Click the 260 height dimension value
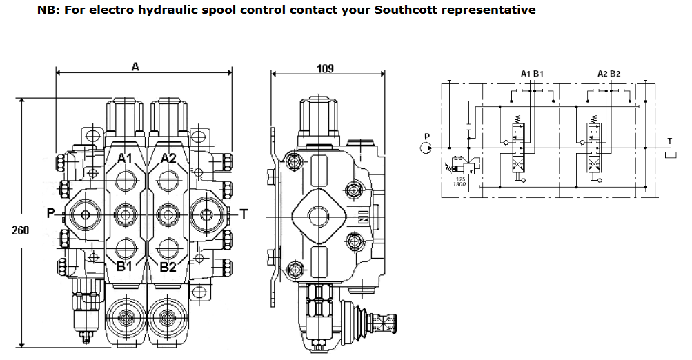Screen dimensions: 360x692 tap(20, 230)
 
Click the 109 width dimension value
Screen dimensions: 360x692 tap(325, 68)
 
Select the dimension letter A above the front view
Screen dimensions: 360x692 tap(135, 67)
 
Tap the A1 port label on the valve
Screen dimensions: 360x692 tap(125, 159)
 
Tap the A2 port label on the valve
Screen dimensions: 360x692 tap(169, 159)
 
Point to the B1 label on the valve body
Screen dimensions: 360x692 tap(125, 267)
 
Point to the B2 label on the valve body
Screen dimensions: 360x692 tap(168, 267)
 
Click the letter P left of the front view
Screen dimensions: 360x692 tap(50, 214)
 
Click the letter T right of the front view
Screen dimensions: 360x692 tap(243, 214)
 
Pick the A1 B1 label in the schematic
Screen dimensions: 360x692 tap(532, 73)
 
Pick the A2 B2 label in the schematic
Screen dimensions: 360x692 tap(609, 73)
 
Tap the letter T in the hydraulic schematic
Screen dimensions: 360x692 tap(669, 141)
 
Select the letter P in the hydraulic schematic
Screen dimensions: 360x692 tap(427, 136)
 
